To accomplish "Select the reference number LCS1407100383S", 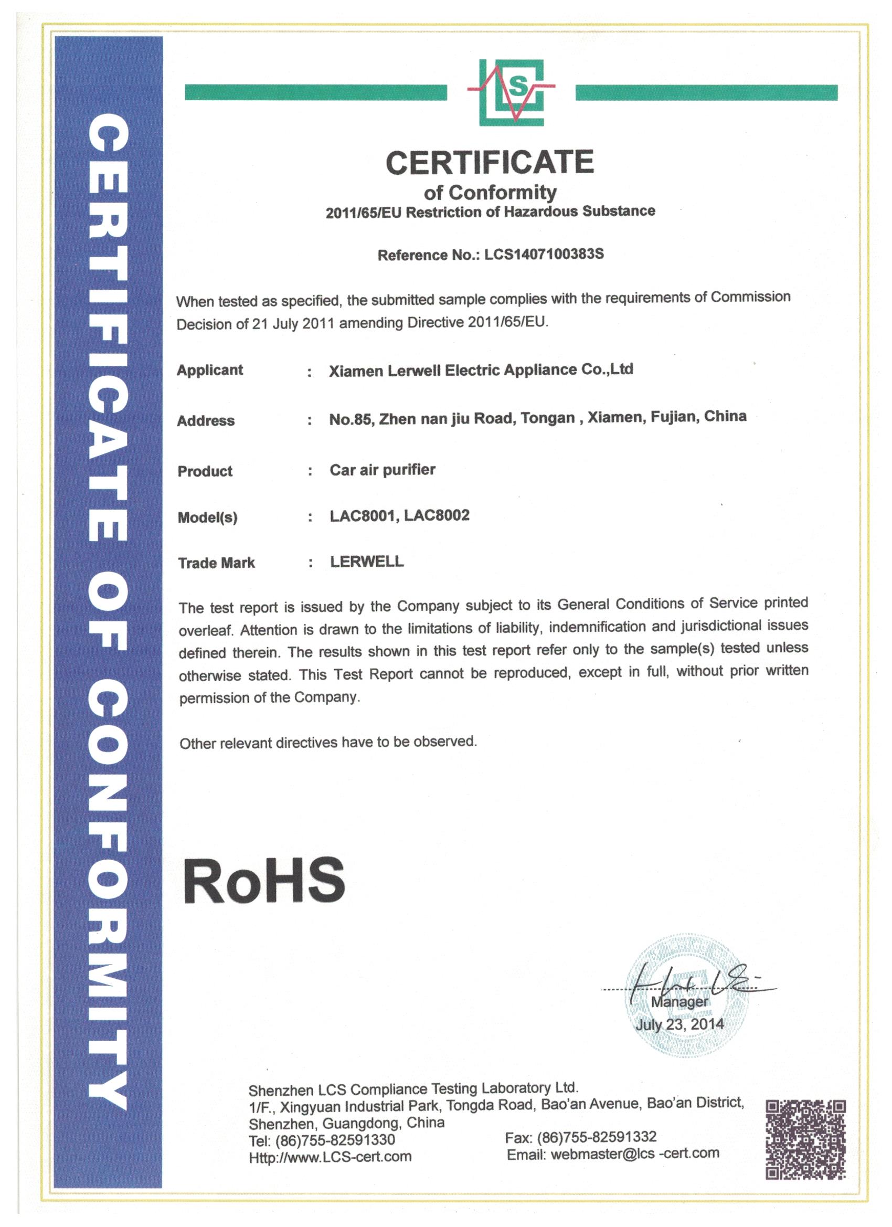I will [x=544, y=255].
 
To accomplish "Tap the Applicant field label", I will [x=210, y=371].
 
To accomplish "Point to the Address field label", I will [x=206, y=421].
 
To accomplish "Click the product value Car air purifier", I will [x=383, y=470].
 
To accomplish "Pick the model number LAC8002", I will [x=437, y=515].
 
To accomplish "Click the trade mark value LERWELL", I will [x=367, y=562].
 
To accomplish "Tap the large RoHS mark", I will [x=264, y=881].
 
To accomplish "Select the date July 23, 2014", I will [x=679, y=1024].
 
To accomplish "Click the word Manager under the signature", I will [x=679, y=1002].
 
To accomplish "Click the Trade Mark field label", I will [x=216, y=563].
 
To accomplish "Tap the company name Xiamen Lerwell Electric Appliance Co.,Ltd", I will [x=481, y=371].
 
